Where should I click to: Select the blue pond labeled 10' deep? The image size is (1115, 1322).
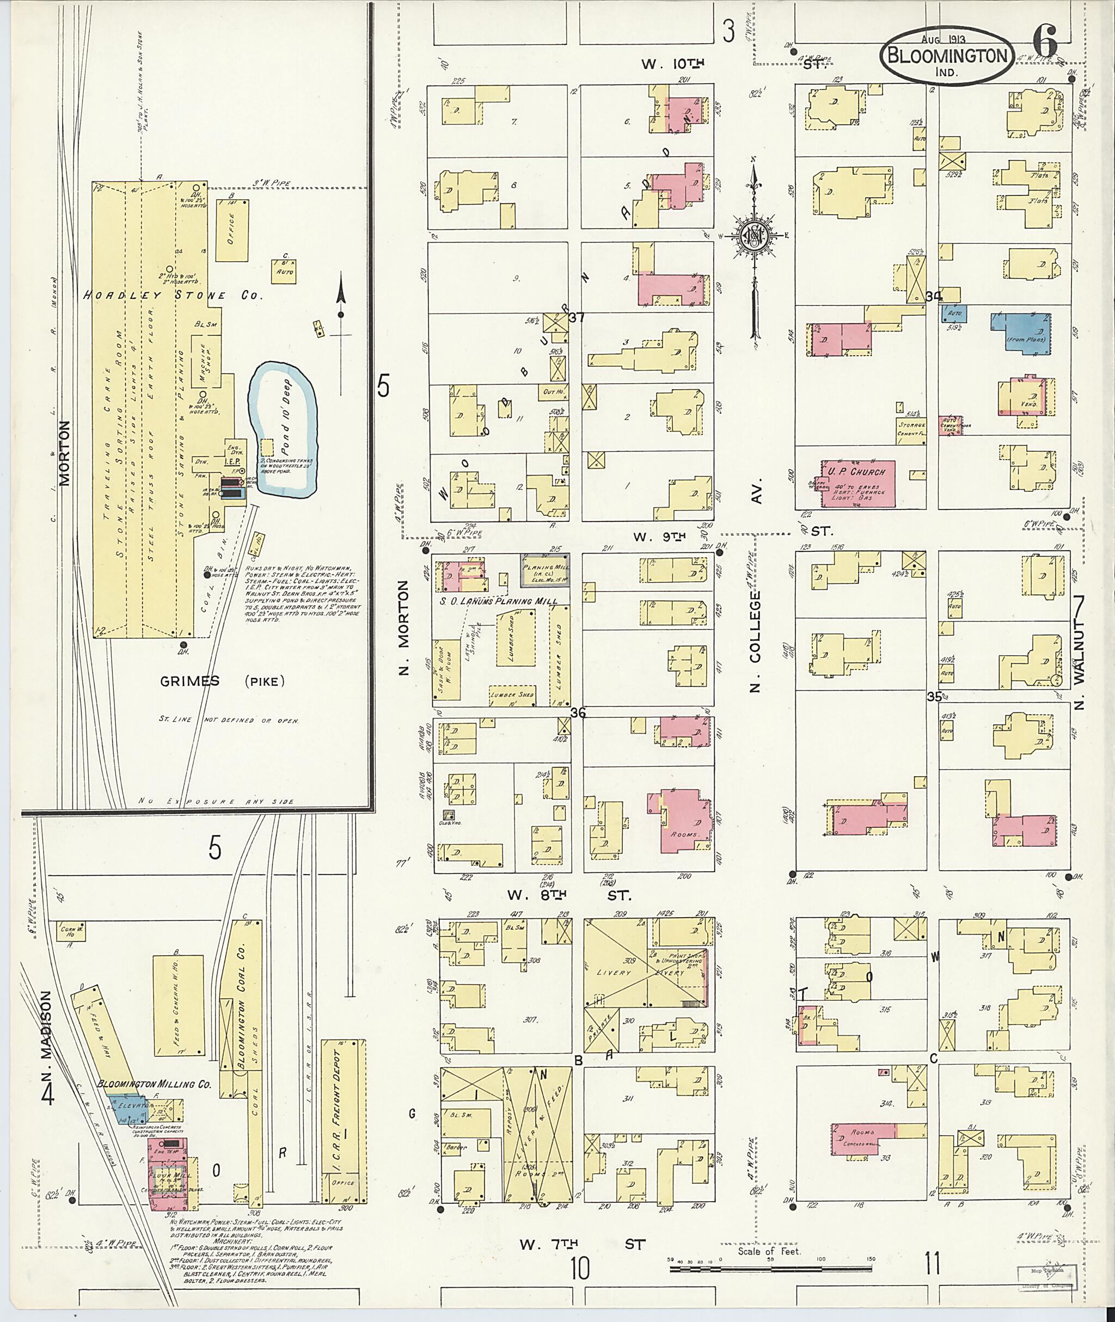coord(282,430)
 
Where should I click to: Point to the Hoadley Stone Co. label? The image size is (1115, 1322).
coord(173,295)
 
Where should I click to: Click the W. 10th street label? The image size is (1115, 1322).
coord(672,63)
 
